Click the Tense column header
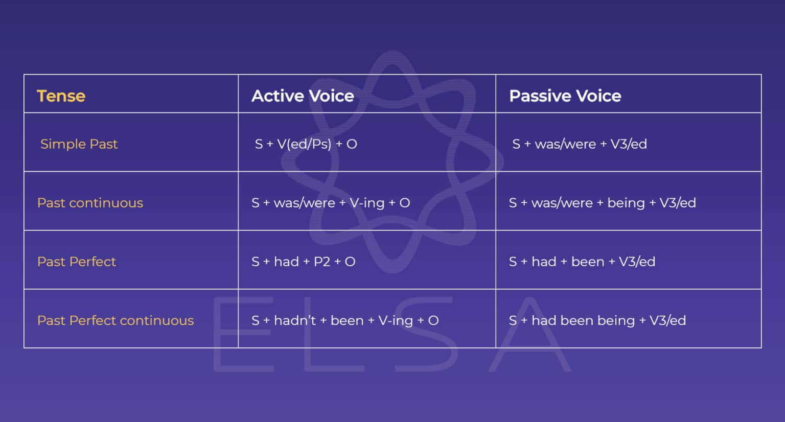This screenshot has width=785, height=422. point(61,96)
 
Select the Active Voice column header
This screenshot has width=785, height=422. point(303,96)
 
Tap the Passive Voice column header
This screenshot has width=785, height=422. point(565,96)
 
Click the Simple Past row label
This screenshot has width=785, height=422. point(79,144)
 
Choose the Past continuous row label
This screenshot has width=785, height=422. point(90,203)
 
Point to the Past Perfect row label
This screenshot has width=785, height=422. point(77,262)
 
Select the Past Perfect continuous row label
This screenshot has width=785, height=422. point(116,320)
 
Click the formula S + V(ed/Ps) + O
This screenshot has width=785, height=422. point(306,144)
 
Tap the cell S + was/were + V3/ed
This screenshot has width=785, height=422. point(580,144)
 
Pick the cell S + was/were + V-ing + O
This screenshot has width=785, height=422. point(331,203)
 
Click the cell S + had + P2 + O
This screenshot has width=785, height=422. point(303,262)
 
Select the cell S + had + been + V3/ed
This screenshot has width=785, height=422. point(582,262)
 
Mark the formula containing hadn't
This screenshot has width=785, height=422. point(345,320)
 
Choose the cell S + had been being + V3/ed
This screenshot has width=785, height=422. point(597,320)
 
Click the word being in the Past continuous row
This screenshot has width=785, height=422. point(626,203)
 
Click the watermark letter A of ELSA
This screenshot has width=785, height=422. point(530,335)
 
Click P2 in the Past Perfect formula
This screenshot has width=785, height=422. point(322,262)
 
